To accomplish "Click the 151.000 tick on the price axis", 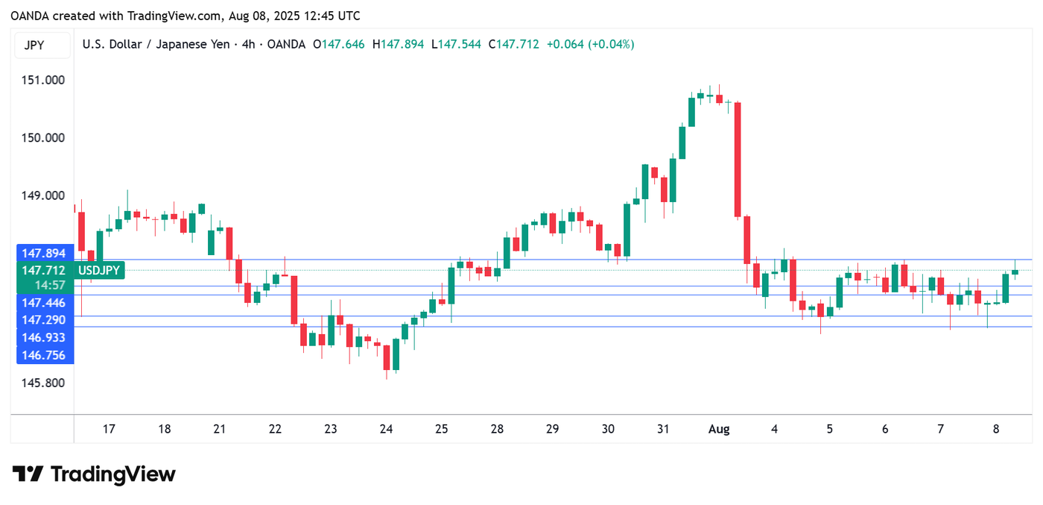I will (x=43, y=81).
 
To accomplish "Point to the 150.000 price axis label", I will (x=43, y=138).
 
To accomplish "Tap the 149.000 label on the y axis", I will (x=43, y=196).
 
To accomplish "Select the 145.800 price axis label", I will (x=43, y=383).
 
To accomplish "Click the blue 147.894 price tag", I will (x=43, y=254).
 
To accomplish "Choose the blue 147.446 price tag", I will (x=43, y=303).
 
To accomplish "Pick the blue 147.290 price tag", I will (x=43, y=320).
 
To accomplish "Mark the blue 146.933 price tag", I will (x=43, y=338).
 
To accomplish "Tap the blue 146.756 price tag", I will (x=43, y=356).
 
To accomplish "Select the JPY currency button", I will (x=34, y=45).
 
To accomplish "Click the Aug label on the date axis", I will (x=718, y=429).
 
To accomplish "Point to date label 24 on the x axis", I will (x=386, y=429).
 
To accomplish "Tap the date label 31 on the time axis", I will (x=663, y=429).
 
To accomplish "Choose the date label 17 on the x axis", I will (x=109, y=429).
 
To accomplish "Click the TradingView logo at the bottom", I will (x=94, y=474).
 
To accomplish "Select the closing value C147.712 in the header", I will (x=513, y=45).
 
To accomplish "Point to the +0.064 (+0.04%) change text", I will (x=590, y=45).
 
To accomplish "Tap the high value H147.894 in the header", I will (x=402, y=45).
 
